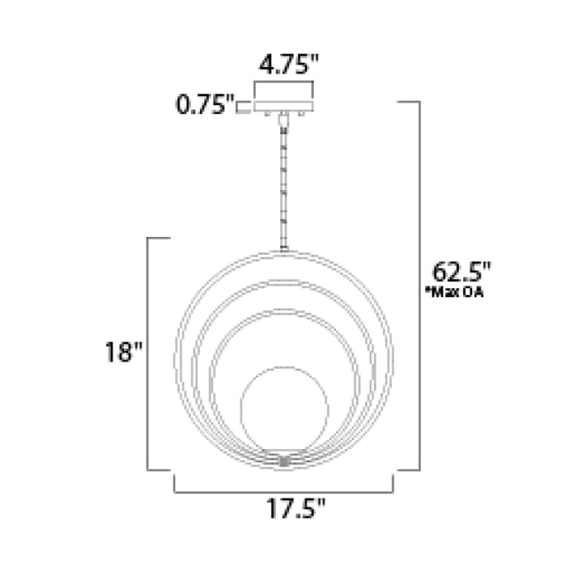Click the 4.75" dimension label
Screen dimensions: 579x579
[288, 64]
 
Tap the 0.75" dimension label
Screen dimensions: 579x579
[205, 104]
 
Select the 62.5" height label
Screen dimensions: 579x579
[462, 272]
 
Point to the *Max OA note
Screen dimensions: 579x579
[455, 292]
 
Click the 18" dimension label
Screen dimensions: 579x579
[124, 352]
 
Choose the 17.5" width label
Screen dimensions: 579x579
[296, 509]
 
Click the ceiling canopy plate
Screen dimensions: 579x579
[284, 106]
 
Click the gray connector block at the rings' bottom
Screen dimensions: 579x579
[284, 462]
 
